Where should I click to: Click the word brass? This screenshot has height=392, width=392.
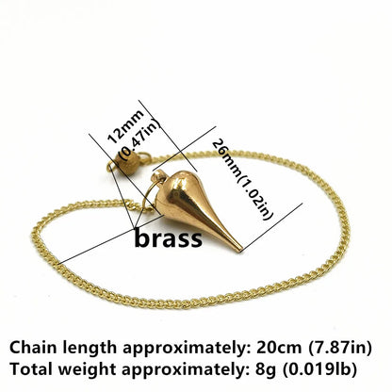169,239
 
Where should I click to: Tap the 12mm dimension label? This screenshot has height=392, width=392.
125,126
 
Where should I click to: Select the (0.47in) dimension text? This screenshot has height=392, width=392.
140,139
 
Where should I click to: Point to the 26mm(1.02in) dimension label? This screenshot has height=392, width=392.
242,179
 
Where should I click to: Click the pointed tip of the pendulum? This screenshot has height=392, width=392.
240,251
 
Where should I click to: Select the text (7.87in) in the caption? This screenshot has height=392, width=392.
340,348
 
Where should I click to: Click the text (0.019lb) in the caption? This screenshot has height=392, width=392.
320,369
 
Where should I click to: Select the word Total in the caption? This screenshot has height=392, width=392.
31,369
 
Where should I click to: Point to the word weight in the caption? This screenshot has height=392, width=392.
88,370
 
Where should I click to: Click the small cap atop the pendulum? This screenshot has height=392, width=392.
158,177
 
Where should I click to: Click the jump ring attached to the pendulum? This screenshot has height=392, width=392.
148,195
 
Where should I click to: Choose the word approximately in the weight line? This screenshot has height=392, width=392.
185,370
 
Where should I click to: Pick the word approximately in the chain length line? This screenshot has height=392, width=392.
186,349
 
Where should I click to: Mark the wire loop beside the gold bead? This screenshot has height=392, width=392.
143,158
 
